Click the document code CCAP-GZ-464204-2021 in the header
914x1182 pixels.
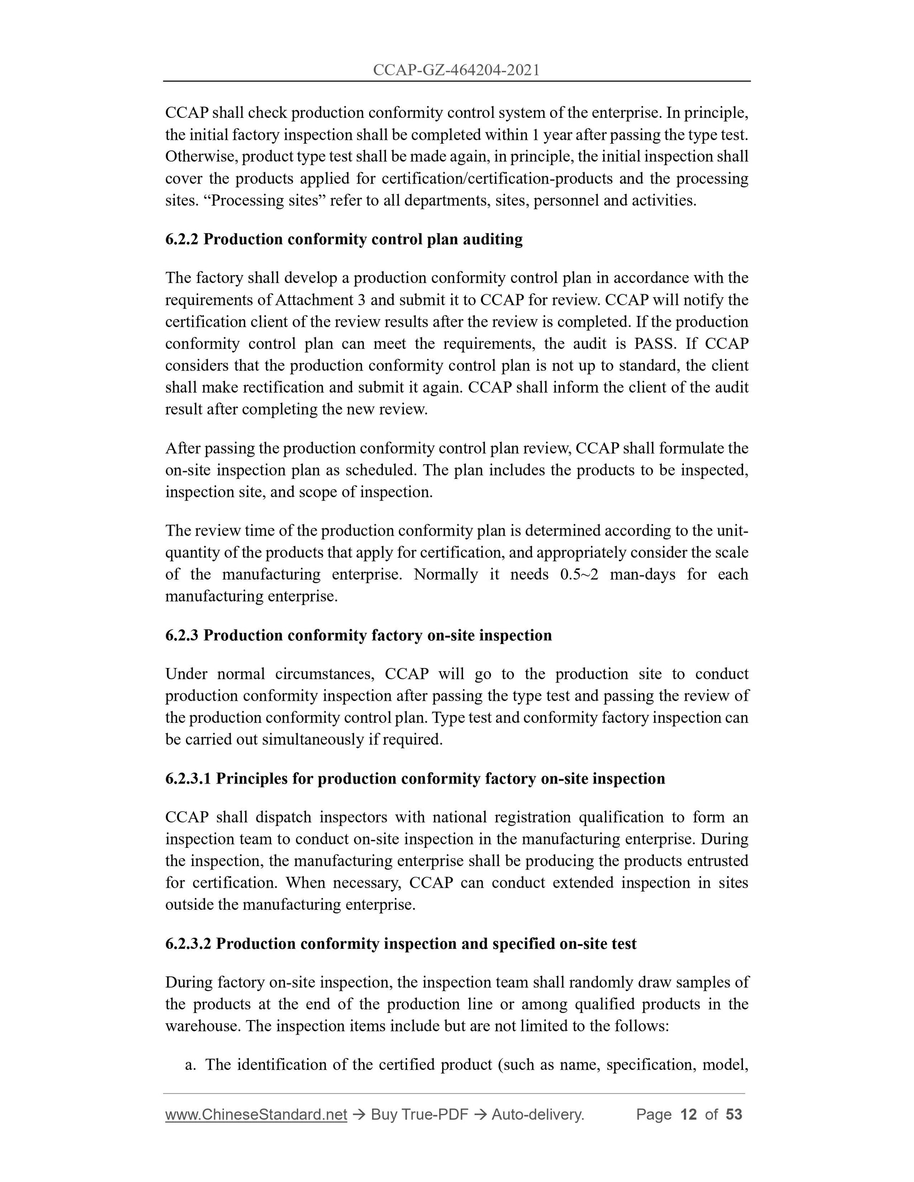[x=457, y=70]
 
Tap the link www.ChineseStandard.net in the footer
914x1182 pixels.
[x=256, y=1114]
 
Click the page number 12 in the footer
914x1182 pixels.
[x=688, y=1114]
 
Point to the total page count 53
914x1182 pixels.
[x=734, y=1114]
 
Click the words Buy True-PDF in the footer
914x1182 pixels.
[x=419, y=1114]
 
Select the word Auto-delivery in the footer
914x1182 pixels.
[x=537, y=1114]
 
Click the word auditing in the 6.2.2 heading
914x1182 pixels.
[x=492, y=239]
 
